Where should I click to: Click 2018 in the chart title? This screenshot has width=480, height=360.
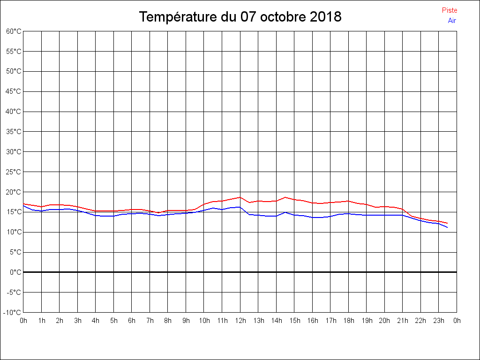326,17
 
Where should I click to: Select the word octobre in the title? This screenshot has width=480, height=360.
283,17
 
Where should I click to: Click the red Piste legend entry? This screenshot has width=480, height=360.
449,10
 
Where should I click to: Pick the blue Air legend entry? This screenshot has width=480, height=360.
452,21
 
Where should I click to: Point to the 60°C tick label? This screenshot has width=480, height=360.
14,31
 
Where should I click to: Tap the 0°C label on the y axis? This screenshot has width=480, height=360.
15,272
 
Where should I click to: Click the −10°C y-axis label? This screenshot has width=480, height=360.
13,313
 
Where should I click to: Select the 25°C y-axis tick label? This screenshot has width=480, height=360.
14,172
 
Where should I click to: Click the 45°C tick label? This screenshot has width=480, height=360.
14,91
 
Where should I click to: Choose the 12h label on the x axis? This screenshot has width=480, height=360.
240,321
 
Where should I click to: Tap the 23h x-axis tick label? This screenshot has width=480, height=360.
438,321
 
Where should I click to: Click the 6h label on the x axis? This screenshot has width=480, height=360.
132,321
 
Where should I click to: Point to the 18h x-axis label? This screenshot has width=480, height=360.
348,321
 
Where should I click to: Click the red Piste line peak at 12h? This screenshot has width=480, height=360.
240,197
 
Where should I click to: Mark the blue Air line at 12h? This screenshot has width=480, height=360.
240,207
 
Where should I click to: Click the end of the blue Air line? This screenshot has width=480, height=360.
448,227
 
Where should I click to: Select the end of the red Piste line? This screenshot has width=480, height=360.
448,223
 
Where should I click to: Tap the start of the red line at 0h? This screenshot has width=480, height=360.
23,204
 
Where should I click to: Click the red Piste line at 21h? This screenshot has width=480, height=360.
403,209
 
